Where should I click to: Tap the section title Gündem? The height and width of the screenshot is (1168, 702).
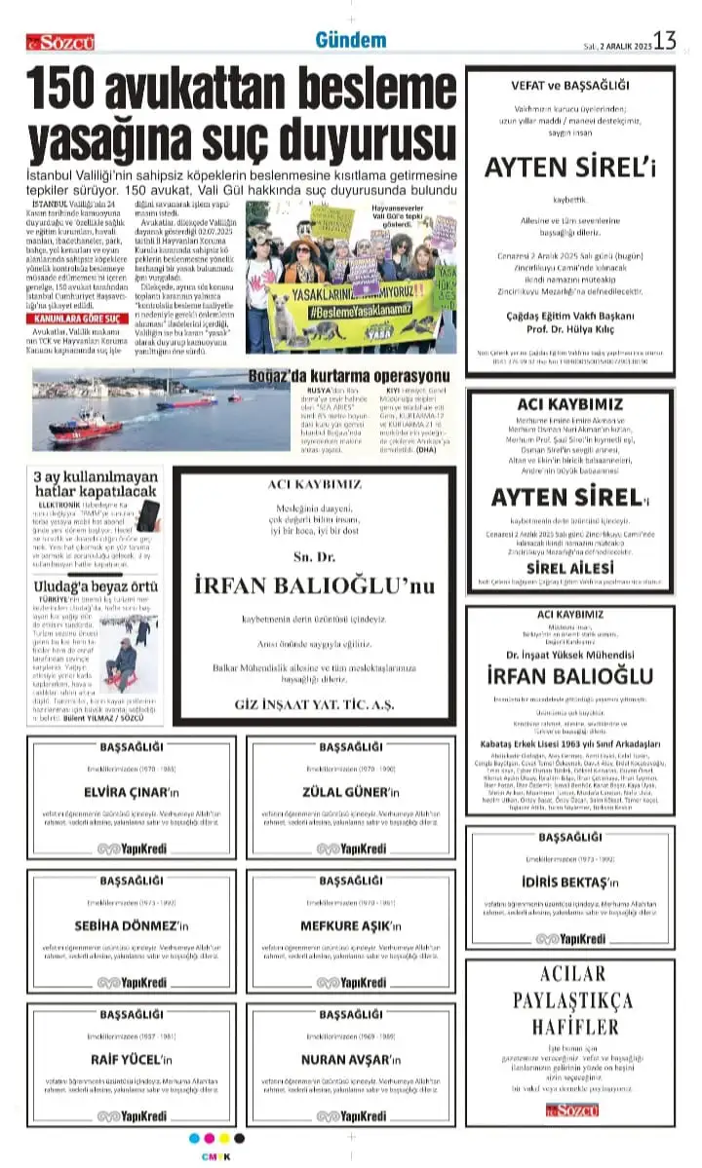point(350,40)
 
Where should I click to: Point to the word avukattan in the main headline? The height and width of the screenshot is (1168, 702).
point(199,92)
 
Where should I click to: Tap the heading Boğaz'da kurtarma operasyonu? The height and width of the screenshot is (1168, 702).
point(333,376)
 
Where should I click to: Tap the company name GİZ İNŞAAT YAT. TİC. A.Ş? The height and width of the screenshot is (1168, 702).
point(312,704)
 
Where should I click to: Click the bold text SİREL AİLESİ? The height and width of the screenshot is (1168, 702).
point(569,567)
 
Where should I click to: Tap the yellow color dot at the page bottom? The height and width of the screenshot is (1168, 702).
point(224,1138)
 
